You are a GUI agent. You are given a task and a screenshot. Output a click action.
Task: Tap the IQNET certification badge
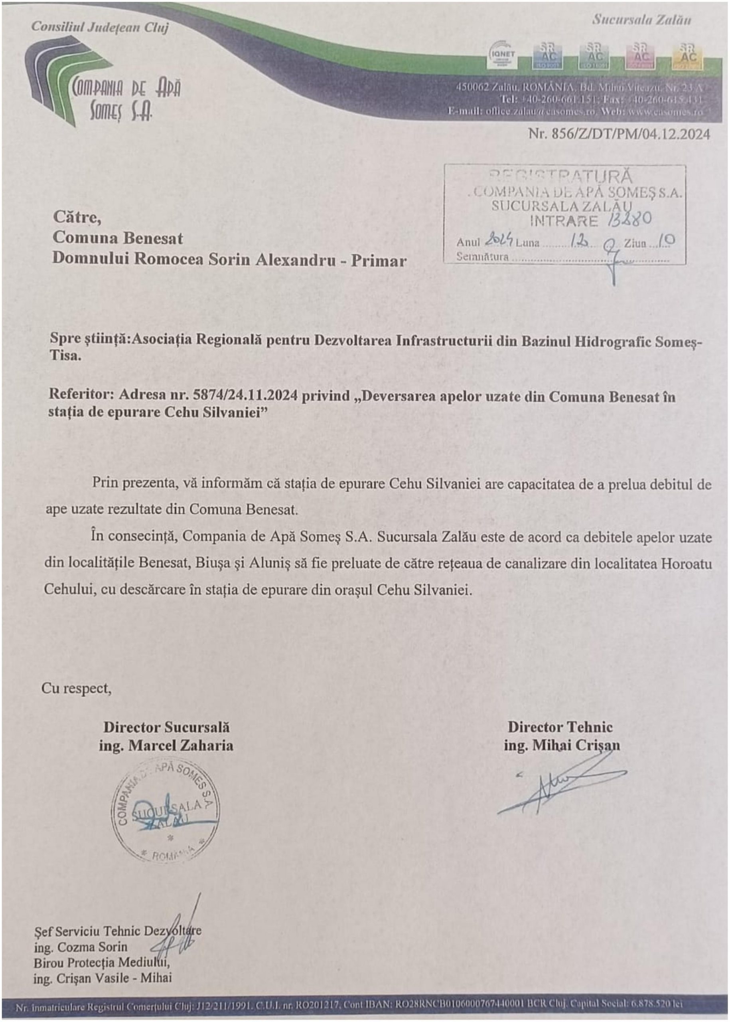[x=502, y=55]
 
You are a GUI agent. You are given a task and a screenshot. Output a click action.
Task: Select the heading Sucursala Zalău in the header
[x=641, y=20]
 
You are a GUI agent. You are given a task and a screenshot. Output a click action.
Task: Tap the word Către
[x=77, y=217]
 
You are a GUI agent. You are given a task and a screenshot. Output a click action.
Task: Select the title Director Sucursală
[x=166, y=727]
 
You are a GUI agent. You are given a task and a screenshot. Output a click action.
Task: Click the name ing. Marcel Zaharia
[x=166, y=745]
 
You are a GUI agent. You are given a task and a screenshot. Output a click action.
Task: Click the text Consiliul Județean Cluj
[x=100, y=28]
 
